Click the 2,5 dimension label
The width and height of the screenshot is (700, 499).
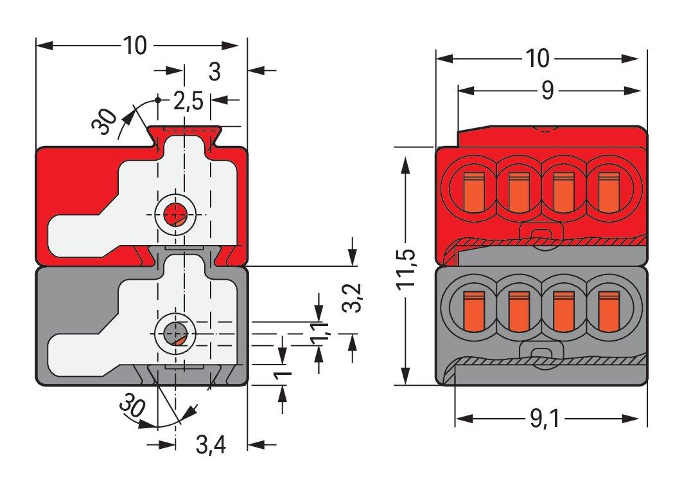pos(188,101)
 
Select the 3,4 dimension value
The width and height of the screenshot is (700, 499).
pos(211,444)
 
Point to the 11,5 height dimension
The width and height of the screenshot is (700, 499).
pos(408,269)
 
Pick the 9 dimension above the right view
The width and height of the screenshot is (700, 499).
pos(547,91)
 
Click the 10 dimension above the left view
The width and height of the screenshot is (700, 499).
pos(136,46)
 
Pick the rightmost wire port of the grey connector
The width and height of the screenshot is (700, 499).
pos(608,309)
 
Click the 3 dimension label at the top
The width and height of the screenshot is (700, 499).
pos(214,72)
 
